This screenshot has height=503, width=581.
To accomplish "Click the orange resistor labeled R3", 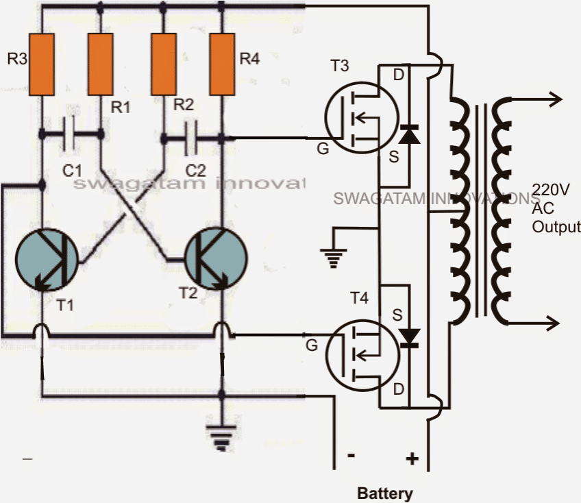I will coord(41,64).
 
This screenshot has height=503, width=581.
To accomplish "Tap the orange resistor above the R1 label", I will coord(100,64).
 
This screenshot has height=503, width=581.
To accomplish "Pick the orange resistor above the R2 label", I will coord(163,64).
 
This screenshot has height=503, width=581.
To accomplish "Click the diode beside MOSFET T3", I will coord(410,133).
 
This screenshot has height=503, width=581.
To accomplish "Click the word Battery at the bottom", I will coord(385,493).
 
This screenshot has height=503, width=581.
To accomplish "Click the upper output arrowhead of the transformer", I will coord(554,100).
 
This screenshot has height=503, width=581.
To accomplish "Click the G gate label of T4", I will coord(312,346).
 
